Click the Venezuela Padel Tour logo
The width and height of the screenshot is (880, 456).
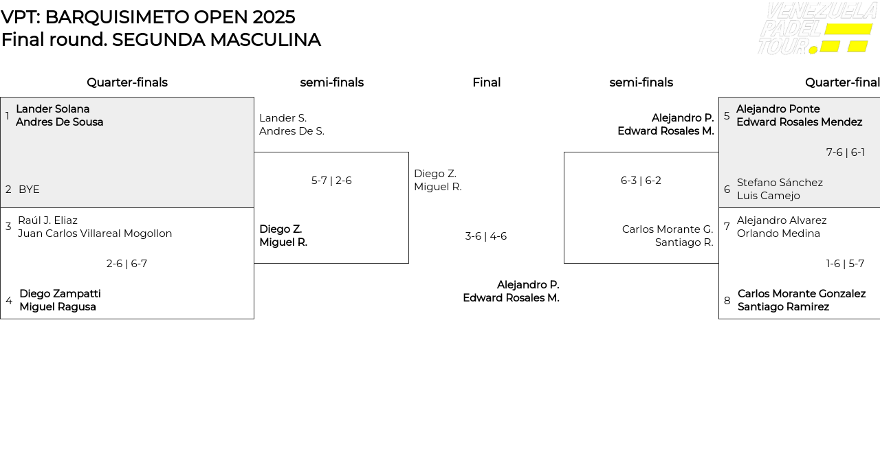click(817, 28)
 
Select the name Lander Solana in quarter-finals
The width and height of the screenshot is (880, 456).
click(53, 109)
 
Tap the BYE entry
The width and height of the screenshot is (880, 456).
click(29, 190)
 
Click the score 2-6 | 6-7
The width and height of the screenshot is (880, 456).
click(126, 264)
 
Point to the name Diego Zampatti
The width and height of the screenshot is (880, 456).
click(60, 294)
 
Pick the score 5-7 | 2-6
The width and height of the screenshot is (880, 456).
click(331, 181)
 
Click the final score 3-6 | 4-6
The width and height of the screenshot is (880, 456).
click(486, 236)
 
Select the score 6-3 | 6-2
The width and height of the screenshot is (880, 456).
click(641, 181)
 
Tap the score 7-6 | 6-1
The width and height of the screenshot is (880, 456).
click(846, 152)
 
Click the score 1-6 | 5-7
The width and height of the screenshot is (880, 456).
click(846, 264)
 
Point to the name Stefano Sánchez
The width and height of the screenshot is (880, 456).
click(780, 183)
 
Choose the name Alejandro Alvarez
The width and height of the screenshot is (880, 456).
click(782, 220)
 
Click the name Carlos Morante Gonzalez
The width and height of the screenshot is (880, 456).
click(802, 294)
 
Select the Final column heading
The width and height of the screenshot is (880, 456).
click(486, 82)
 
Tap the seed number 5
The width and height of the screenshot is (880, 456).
click(727, 116)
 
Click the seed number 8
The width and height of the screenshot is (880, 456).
click(727, 301)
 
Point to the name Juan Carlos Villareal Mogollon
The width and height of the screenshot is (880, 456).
click(95, 233)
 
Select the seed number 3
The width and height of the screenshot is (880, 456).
click(8, 227)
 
